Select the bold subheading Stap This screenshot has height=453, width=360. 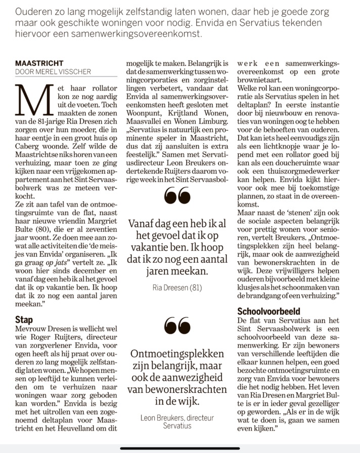tap(24, 320)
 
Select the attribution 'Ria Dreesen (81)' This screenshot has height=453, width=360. tap(177, 288)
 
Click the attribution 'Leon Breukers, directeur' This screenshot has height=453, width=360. tap(177, 418)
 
